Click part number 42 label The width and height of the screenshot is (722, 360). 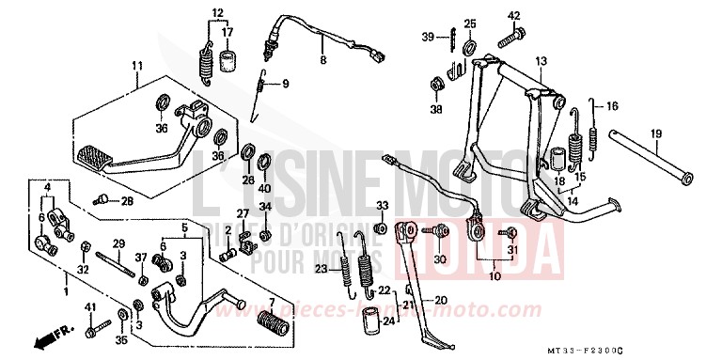514,16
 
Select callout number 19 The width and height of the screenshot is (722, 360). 655,133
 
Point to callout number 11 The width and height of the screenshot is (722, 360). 137,65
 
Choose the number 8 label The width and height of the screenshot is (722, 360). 322,59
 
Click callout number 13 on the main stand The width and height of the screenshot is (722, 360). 541,61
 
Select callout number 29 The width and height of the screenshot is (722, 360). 119,243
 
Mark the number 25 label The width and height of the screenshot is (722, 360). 470,23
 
